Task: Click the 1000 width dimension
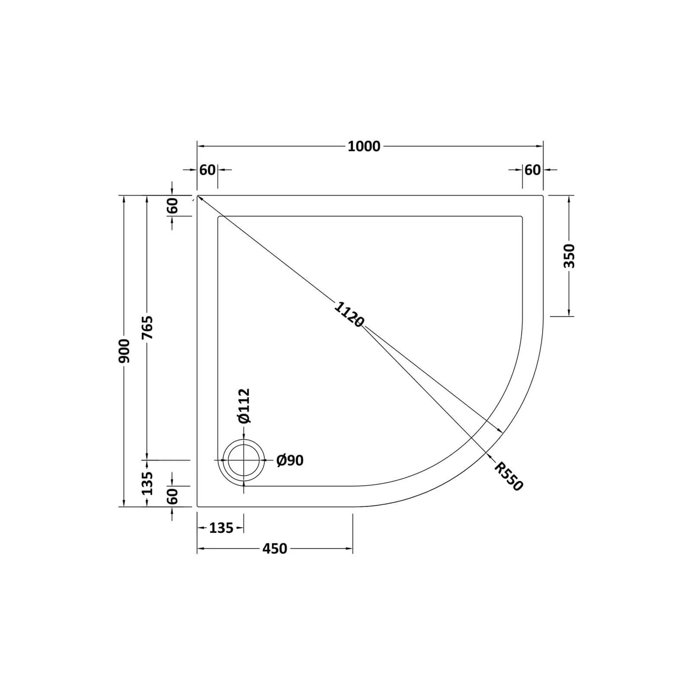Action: coord(364,146)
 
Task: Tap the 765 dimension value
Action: coord(147,328)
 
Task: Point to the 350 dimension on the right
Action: coord(570,256)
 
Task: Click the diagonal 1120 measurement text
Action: coord(349,314)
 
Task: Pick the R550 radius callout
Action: coord(509,476)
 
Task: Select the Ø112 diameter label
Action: coord(244,406)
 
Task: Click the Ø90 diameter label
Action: coord(290,460)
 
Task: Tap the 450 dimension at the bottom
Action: coord(274,549)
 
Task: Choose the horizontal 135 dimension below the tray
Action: coord(221,528)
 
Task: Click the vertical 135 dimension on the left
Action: coord(147,483)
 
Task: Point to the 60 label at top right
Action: coord(532,170)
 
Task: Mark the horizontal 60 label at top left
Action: coord(207,170)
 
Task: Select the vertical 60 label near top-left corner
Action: coord(172,206)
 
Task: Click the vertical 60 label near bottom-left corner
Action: coord(172,496)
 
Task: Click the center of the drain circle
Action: coord(244,460)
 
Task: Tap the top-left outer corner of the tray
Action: coord(198,196)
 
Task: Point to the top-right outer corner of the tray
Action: coord(543,196)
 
